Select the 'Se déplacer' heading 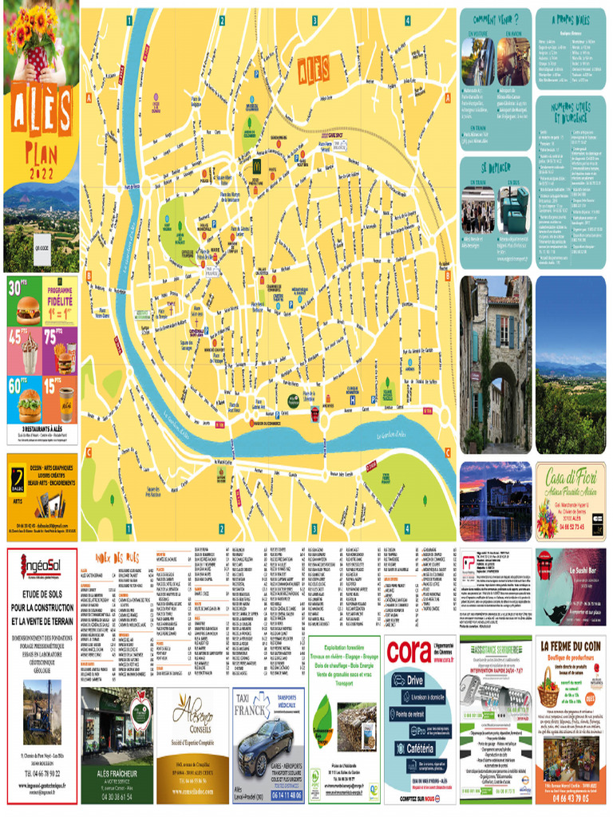495,168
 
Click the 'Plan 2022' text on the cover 40,160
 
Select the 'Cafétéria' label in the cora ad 421,748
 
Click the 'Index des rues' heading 117,556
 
